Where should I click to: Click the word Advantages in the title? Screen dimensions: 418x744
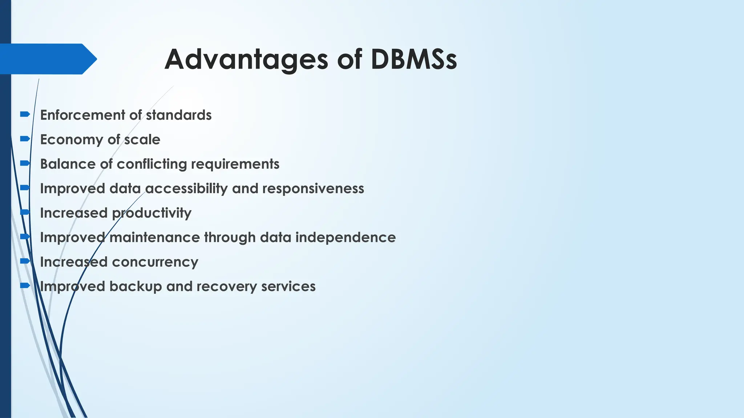tap(246, 60)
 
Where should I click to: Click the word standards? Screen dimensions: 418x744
tap(179, 115)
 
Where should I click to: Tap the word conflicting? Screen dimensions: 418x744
tap(152, 164)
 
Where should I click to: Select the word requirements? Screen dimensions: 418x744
tap(235, 164)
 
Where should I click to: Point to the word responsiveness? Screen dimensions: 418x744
tap(313, 189)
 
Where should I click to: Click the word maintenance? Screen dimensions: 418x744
tap(155, 238)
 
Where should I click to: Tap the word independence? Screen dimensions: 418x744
tap(345, 238)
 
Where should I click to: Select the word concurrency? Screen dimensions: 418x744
tap(155, 262)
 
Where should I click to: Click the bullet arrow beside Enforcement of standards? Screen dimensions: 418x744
tap(25, 114)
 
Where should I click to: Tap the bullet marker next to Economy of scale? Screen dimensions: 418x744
tap(25, 139)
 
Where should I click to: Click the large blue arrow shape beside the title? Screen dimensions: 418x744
tap(47, 59)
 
